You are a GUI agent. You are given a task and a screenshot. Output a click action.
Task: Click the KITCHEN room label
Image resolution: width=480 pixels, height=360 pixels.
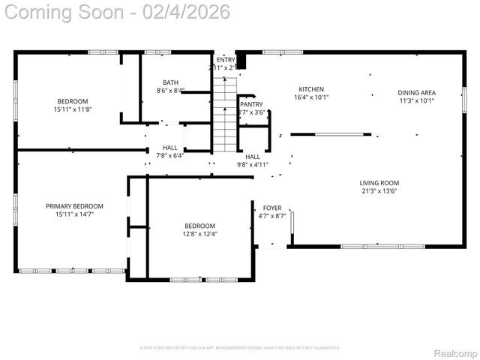click(311, 88)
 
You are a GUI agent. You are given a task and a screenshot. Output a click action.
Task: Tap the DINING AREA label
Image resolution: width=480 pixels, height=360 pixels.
click(416, 93)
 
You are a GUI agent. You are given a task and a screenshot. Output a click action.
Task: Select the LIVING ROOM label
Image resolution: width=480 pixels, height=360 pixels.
click(379, 182)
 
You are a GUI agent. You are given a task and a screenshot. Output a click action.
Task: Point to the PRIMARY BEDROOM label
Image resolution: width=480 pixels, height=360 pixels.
click(74, 206)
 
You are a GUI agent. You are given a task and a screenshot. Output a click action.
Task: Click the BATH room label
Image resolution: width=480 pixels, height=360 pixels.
click(170, 82)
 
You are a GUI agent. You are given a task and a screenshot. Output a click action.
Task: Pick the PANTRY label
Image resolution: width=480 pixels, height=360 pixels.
click(251, 104)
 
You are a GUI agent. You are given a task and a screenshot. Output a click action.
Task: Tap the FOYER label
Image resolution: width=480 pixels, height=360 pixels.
click(271, 208)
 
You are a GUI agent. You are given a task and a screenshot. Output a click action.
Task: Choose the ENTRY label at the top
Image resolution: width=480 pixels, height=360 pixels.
click(226, 59)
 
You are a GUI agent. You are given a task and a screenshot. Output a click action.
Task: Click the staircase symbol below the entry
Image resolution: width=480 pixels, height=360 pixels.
click(224, 112)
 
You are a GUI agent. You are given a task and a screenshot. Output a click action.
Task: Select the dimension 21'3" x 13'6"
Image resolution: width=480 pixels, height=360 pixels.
click(379, 190)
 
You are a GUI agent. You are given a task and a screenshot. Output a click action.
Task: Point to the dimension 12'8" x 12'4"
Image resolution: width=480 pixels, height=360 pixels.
click(200, 233)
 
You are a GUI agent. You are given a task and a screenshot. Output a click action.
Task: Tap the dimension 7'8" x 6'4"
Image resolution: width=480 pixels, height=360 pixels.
click(170, 156)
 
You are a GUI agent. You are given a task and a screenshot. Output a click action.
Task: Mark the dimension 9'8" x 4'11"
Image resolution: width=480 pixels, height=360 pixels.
click(253, 164)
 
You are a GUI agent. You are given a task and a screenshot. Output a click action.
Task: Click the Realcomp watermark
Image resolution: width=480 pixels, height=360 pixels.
click(455, 353)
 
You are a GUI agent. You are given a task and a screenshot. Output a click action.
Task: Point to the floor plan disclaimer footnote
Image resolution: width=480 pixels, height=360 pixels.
click(240, 347)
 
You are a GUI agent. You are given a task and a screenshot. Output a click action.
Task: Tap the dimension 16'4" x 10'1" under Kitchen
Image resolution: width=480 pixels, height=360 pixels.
click(311, 97)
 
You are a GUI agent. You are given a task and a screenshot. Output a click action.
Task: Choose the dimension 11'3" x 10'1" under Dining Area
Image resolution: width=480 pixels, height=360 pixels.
click(416, 101)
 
